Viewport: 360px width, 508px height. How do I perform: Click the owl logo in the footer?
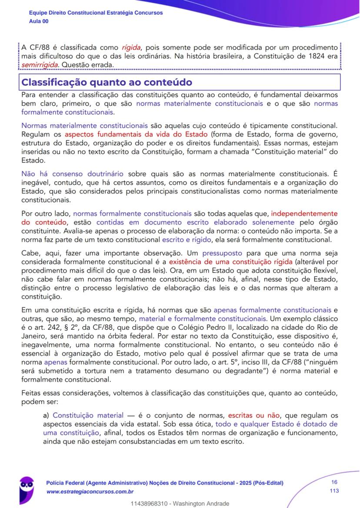pyautogui.click(x=27, y=488)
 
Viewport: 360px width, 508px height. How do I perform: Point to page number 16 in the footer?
pyautogui.click(x=334, y=482)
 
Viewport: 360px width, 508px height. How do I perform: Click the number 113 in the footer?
pyautogui.click(x=334, y=491)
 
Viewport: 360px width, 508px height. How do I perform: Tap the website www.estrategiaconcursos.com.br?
pyautogui.click(x=90, y=491)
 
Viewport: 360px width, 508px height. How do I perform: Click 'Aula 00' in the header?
pyautogui.click(x=39, y=21)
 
